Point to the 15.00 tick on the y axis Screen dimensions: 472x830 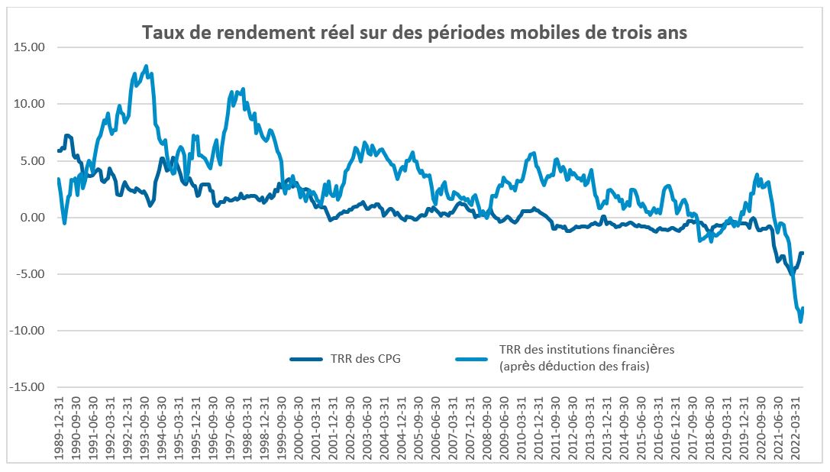pyautogui.click(x=30, y=47)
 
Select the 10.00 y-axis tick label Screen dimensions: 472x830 pyautogui.click(x=30, y=104)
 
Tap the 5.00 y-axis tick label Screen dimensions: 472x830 pyautogui.click(x=33, y=160)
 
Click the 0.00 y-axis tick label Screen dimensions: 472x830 pyautogui.click(x=33, y=218)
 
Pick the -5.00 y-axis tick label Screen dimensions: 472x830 pyautogui.click(x=31, y=274)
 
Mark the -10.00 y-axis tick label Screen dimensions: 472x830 pyautogui.click(x=28, y=331)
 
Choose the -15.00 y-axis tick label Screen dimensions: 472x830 pyautogui.click(x=28, y=387)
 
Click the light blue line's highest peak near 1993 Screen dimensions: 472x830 pyautogui.click(x=146, y=66)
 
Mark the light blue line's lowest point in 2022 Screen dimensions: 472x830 pyautogui.click(x=800, y=322)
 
